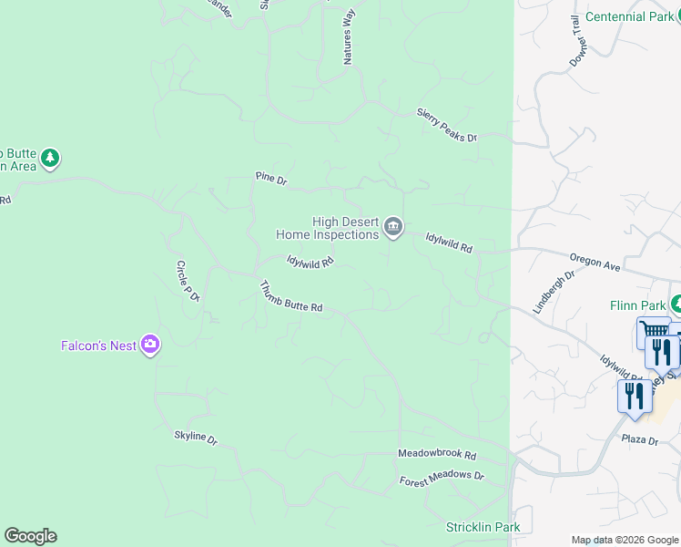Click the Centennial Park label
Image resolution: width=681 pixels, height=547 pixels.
[x=630, y=16]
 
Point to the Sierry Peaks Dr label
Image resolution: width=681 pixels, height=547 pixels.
[x=446, y=124]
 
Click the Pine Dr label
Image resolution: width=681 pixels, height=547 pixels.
[x=271, y=180]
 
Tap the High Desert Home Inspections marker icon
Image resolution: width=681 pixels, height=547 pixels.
[x=392, y=227]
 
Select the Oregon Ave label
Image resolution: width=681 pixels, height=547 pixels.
[x=595, y=263]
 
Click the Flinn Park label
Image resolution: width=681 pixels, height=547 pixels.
[x=638, y=306]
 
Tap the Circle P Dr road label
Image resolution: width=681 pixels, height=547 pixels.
[x=188, y=281]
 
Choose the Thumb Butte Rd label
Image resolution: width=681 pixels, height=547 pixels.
[x=291, y=296]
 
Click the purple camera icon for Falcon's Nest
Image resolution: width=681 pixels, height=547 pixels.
[x=150, y=345]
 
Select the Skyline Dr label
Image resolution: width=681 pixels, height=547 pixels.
[x=196, y=439]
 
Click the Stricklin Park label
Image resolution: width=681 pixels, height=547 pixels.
[x=483, y=527]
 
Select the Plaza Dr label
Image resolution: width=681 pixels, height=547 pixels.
[x=640, y=439]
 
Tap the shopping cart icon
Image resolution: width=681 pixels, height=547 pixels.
[x=653, y=331]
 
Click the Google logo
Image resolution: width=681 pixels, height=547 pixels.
[x=30, y=536]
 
